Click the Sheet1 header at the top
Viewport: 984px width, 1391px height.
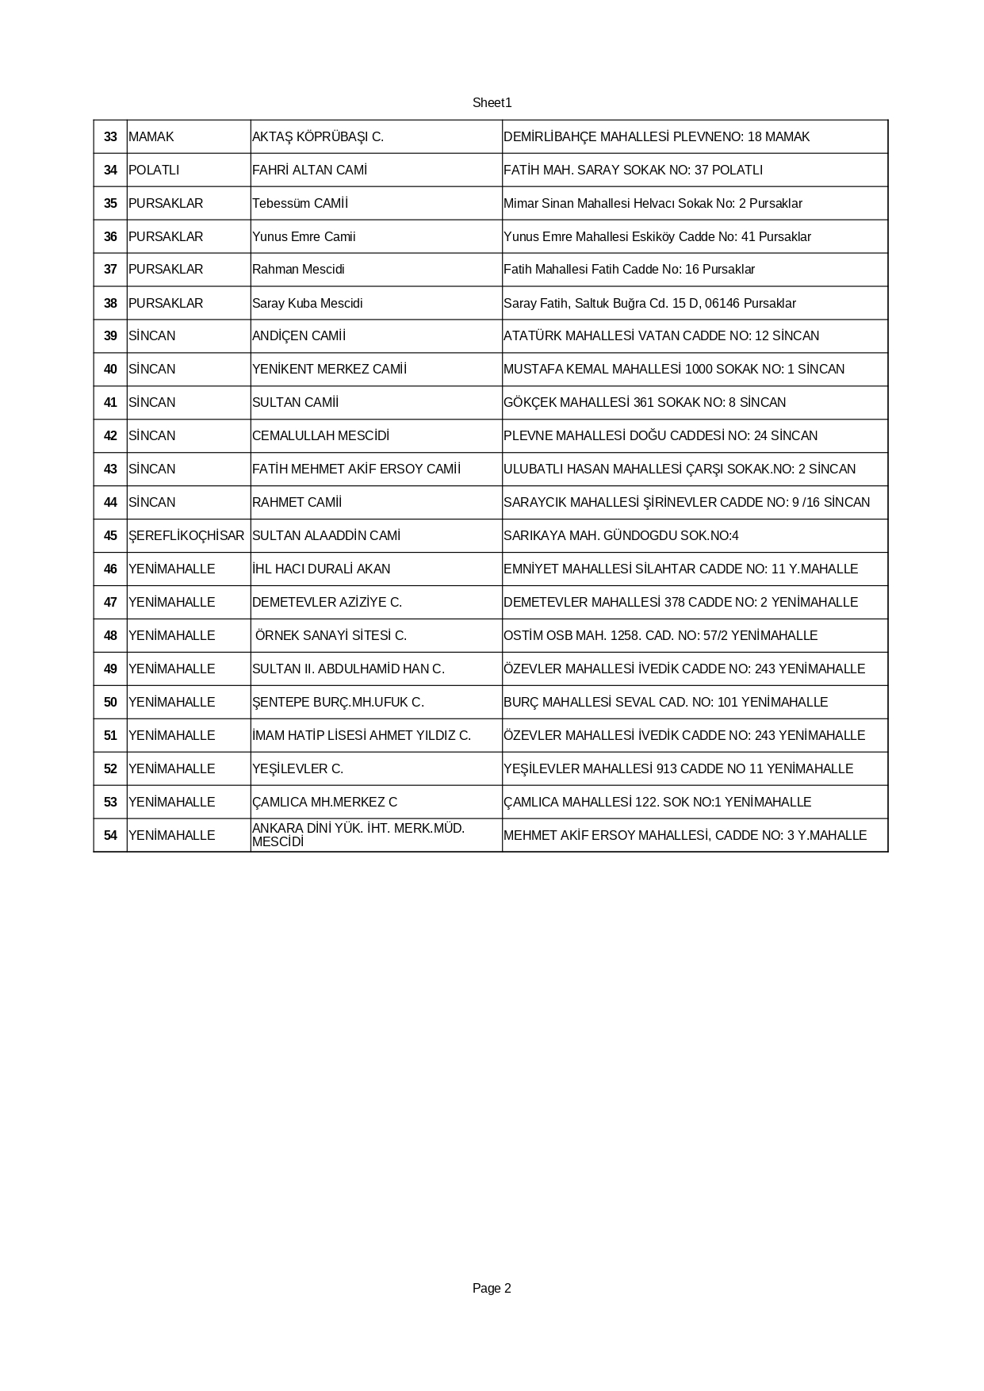[x=492, y=103]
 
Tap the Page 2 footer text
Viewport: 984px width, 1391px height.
[x=492, y=1289]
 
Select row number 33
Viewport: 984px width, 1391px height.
[x=110, y=137]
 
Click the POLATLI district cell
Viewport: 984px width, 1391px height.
[x=154, y=171]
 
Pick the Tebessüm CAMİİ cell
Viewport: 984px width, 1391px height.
[x=300, y=204]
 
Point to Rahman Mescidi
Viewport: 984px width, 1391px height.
[x=298, y=270]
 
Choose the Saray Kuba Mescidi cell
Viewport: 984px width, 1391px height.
[x=307, y=304]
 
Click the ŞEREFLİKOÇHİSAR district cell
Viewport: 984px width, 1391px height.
[x=186, y=536]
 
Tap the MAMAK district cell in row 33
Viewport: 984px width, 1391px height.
[x=151, y=137]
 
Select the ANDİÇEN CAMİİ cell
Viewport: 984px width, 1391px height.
[x=299, y=336]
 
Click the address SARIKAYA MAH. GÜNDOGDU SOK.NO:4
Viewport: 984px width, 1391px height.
[x=621, y=536]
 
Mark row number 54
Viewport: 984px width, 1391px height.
[x=110, y=836]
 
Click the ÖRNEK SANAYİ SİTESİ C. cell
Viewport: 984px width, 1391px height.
[x=331, y=636]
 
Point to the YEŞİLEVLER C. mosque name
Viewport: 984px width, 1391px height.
[x=297, y=769]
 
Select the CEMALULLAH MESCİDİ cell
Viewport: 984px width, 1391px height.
[x=320, y=436]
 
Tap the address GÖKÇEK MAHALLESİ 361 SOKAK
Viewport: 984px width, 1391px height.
[x=645, y=403]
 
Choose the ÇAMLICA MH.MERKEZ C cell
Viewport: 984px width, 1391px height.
[x=324, y=803]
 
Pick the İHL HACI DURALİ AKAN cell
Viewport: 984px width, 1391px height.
[x=321, y=569]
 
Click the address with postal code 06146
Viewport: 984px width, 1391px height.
[x=649, y=304]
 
